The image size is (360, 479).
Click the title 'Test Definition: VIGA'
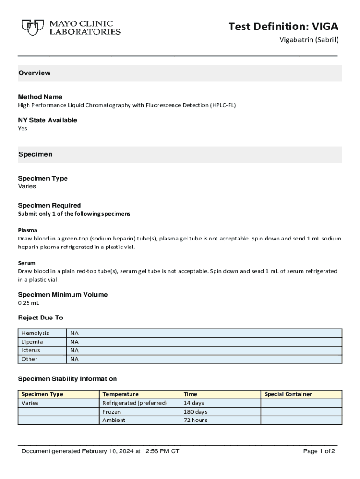tap(283, 27)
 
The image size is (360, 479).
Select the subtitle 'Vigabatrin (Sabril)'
tap(309, 40)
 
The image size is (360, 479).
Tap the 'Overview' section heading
tap(34, 73)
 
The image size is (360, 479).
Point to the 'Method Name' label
tap(40, 97)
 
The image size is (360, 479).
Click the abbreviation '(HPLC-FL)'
tap(223, 105)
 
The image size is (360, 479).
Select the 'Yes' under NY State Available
tap(22, 128)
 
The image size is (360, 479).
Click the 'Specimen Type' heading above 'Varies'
tap(43, 178)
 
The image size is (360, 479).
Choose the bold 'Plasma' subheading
tap(28, 230)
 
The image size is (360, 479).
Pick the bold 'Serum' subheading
tap(27, 263)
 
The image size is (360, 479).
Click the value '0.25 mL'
tap(29, 303)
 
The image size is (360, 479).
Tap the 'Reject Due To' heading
tap(40, 318)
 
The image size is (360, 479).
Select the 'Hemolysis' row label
tap(35, 333)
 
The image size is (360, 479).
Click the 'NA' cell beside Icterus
tap(74, 350)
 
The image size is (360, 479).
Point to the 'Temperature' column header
tap(120, 394)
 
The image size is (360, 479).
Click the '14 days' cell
tap(194, 403)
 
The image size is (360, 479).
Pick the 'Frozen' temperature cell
tap(111, 412)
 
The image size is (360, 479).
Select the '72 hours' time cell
tap(195, 420)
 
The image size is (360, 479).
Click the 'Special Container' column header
tap(288, 394)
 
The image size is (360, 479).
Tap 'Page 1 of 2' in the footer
tap(319, 451)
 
